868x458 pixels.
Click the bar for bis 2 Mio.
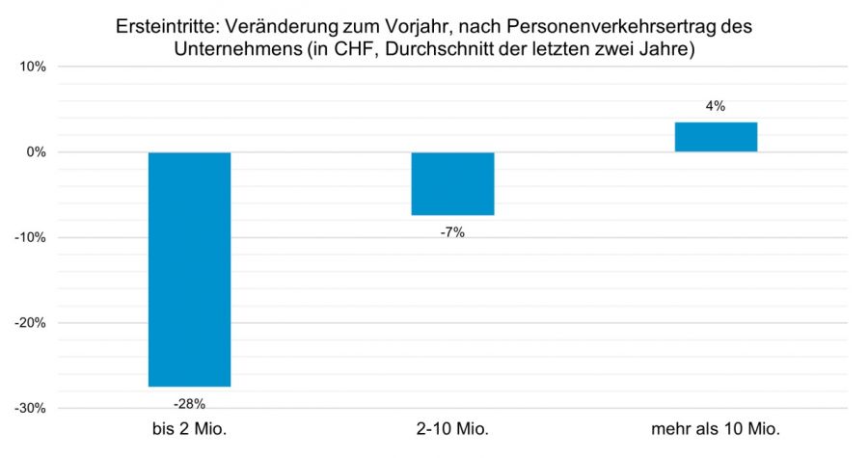coord(189,269)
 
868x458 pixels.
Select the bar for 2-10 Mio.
coord(452,183)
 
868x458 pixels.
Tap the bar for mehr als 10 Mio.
coord(716,137)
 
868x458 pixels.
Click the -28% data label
coord(189,402)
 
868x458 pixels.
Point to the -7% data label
coord(452,231)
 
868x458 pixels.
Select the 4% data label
coord(716,106)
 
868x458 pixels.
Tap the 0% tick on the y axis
coord(36,152)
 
